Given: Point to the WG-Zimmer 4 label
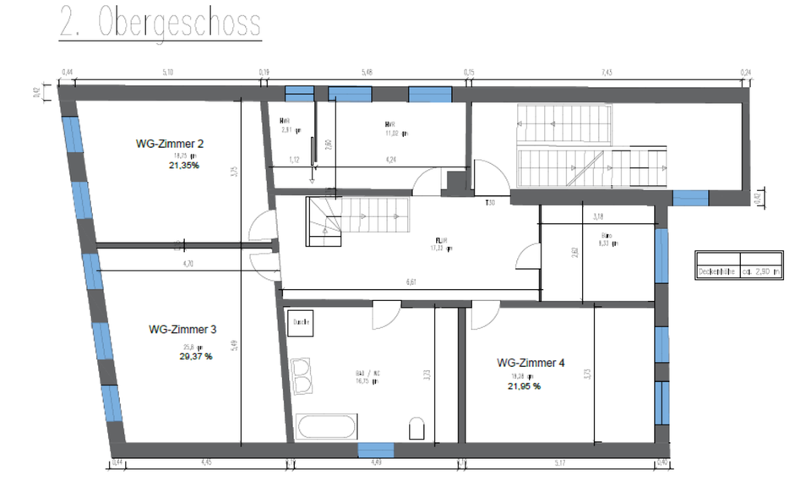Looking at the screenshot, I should (x=531, y=363).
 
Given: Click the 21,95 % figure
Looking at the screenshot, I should (x=524, y=386).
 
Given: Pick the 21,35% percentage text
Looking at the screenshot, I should (x=184, y=166).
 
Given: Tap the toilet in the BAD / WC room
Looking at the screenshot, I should (x=416, y=428).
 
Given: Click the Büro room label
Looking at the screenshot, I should (x=607, y=237).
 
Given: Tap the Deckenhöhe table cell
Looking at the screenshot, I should (x=716, y=272).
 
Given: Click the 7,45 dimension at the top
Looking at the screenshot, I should (x=606, y=74).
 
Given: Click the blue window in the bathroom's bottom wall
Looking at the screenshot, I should (x=375, y=450).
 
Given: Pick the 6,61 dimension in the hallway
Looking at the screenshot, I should (x=410, y=281).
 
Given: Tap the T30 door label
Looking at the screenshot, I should (x=489, y=203).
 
